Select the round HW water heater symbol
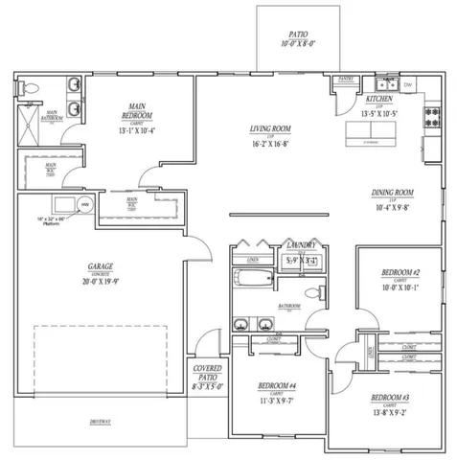[x=83, y=204]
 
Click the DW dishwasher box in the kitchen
[x=408, y=85]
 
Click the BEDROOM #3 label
[x=393, y=396]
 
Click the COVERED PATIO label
[x=208, y=373]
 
